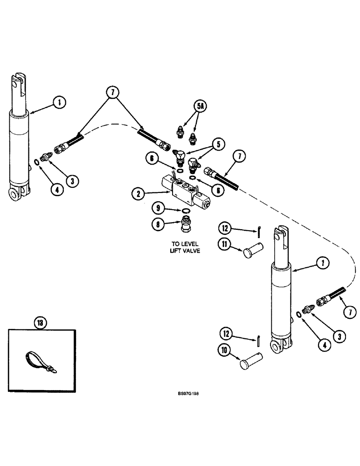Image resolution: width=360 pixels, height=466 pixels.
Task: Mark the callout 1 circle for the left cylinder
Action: click(59, 103)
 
